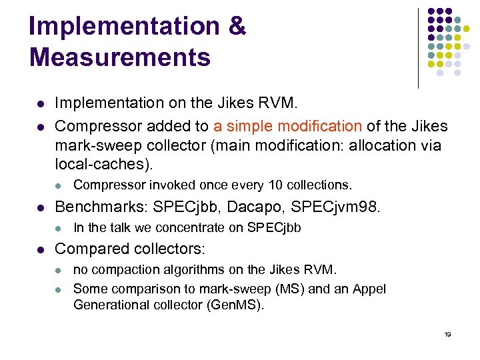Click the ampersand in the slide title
[x=236, y=27]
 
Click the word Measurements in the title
[x=120, y=57]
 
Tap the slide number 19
[x=447, y=334]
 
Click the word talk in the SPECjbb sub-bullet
[x=119, y=227]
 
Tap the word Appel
[x=371, y=289]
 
